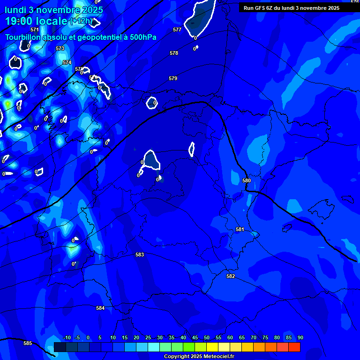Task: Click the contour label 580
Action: point(247,180)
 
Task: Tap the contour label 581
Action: point(240,229)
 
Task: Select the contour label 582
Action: point(231,276)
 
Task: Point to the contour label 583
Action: point(140,255)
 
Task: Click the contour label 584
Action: point(100,308)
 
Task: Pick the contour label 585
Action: point(28,343)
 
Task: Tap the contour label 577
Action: point(177,30)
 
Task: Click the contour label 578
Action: point(174,53)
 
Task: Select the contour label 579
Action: point(173,78)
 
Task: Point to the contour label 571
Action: point(35,30)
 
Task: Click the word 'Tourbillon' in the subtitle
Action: point(23,37)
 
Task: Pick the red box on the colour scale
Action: point(294,347)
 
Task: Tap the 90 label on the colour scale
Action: point(300,337)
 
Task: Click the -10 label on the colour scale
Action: point(67,337)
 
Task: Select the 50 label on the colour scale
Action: point(206,337)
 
